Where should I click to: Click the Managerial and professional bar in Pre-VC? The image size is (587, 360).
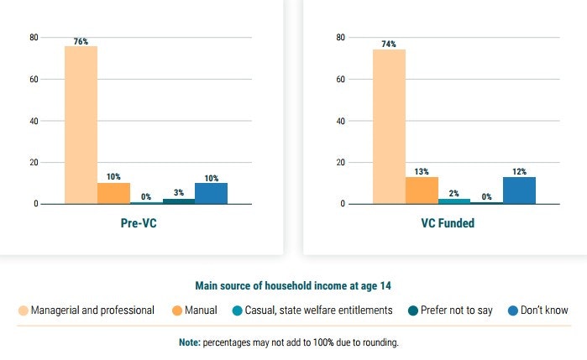[x=81, y=125]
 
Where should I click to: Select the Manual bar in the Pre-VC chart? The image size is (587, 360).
[x=113, y=193]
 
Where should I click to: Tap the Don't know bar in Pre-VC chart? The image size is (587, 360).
[x=211, y=193]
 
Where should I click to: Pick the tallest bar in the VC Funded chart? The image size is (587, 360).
[x=389, y=127]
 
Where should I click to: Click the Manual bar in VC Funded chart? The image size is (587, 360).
[x=422, y=190]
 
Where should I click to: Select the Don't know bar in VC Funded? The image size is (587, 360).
[x=519, y=190]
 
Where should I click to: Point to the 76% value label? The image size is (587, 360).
[x=81, y=41]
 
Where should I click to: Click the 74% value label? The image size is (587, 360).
[x=389, y=44]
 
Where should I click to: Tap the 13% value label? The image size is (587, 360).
[x=422, y=172]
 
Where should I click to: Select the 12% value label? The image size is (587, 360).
[x=519, y=172]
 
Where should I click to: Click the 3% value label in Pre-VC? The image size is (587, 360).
[x=179, y=193]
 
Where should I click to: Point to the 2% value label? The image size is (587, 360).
[x=454, y=194]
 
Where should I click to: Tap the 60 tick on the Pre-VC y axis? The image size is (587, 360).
[x=34, y=79]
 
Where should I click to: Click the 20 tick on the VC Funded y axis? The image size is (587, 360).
[x=342, y=162]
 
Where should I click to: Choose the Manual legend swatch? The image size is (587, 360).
[x=177, y=310]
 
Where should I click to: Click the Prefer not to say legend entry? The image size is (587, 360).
[x=455, y=310]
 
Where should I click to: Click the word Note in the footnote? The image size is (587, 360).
[x=189, y=342]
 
